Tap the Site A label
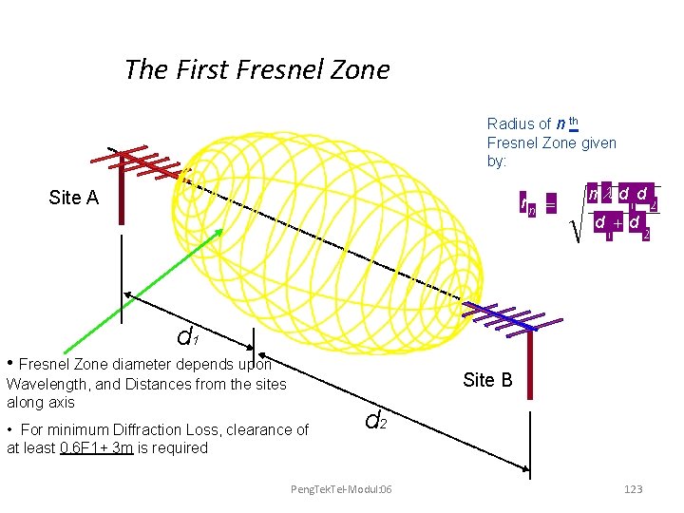click(73, 198)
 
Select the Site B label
click(487, 380)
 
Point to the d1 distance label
click(187, 337)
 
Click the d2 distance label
click(375, 417)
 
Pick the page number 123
click(631, 488)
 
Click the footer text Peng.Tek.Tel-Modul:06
click(341, 488)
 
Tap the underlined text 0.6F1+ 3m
click(96, 447)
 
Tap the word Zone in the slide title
click(360, 70)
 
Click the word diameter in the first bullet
click(142, 364)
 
